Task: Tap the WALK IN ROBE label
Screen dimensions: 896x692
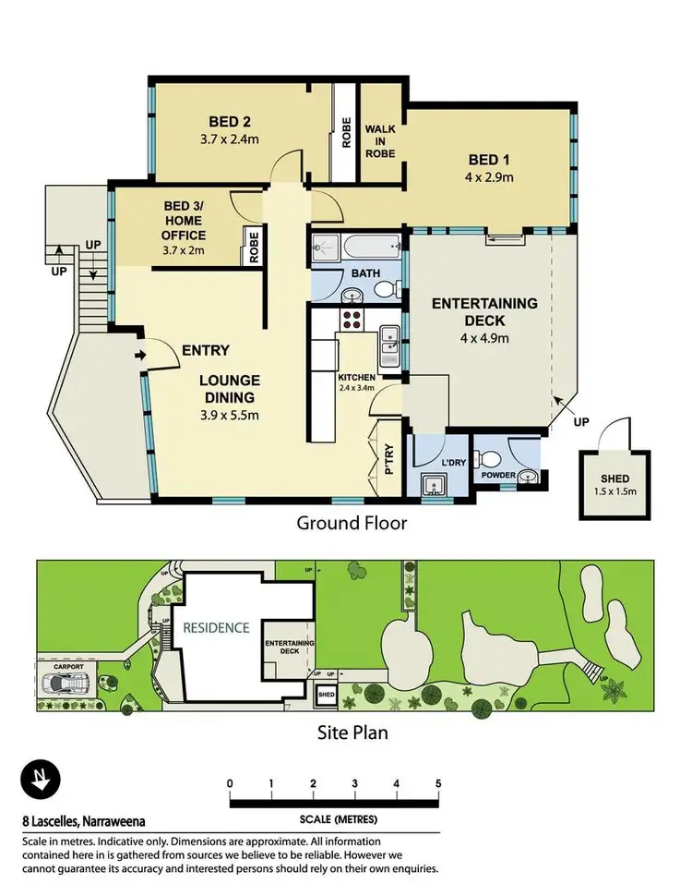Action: (380, 140)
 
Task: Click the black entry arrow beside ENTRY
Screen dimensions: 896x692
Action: (140, 354)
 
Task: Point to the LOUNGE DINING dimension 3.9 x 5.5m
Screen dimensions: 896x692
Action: (230, 415)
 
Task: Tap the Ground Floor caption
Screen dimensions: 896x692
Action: (351, 524)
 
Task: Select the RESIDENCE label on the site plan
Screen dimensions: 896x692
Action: (215, 627)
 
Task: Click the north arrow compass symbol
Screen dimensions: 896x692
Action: (40, 778)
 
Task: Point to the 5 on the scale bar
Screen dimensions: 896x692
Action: (438, 783)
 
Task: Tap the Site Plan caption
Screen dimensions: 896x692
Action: (350, 733)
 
